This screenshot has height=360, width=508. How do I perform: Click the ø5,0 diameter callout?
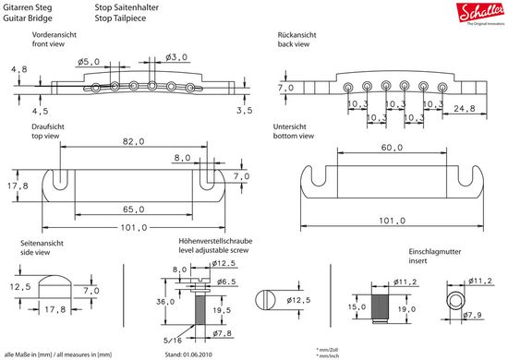pyautogui.click(x=88, y=62)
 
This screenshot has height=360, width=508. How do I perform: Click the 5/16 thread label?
pyautogui.click(x=173, y=340)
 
